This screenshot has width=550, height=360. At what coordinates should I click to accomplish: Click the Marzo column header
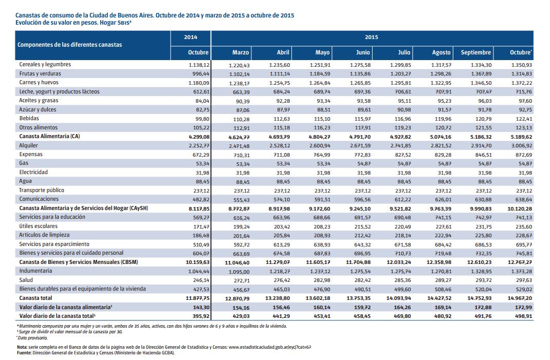(240, 52)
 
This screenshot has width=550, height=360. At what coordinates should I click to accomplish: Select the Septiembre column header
(475, 52)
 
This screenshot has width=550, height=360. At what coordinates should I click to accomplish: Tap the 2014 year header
(191, 37)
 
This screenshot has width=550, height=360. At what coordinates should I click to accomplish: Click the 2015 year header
(372, 37)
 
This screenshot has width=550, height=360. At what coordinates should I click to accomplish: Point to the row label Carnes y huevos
(39, 82)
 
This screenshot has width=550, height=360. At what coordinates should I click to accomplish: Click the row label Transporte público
(42, 190)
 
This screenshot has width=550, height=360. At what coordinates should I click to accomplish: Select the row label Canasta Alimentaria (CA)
(49, 136)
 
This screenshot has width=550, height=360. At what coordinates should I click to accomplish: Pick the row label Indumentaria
(35, 271)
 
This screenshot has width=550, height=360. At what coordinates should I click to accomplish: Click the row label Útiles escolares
(38, 226)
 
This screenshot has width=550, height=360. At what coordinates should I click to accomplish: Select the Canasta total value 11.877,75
(197, 298)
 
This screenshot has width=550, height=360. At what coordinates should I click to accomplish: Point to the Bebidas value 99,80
(203, 119)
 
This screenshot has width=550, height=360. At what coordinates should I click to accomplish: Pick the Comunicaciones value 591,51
(321, 199)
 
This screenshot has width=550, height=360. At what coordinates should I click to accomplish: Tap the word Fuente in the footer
(24, 353)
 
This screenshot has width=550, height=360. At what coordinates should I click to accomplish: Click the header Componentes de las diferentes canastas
(69, 45)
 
